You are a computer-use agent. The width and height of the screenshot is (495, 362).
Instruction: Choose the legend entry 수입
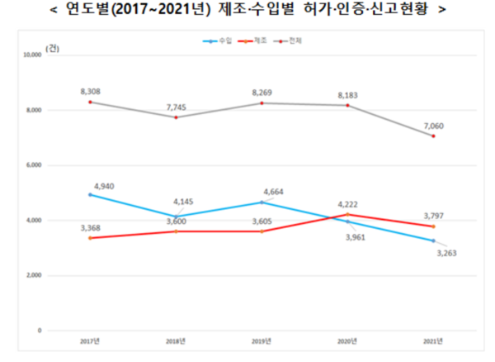pos(218,40)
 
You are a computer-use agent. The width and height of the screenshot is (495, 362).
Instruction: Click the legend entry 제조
pos(254,40)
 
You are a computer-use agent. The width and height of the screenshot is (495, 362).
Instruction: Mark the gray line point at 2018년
pos(176,117)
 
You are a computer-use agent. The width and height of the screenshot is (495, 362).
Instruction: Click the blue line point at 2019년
pos(262,202)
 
